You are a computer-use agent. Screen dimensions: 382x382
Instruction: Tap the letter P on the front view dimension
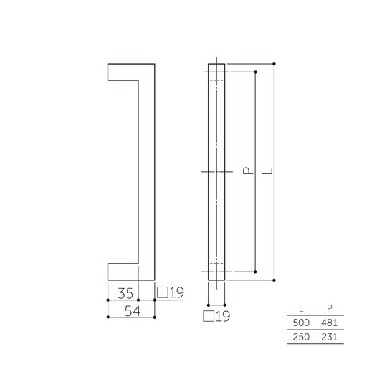pyautogui.click(x=246, y=172)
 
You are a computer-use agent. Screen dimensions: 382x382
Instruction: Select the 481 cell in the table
pyautogui.click(x=330, y=323)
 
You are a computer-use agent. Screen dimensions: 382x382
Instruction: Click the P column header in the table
pyautogui.click(x=330, y=309)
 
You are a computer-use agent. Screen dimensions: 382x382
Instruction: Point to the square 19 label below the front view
pyautogui.click(x=214, y=315)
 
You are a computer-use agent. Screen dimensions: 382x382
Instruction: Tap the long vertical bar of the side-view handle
pyautogui.click(x=146, y=172)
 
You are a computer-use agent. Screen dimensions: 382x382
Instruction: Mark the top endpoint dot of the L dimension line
pyautogui.click(x=274, y=64)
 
